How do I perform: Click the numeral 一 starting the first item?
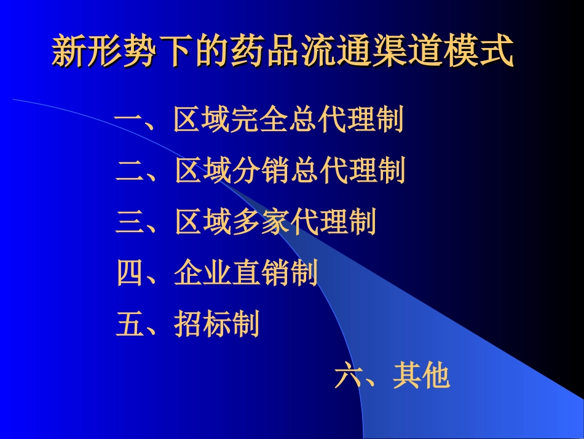[129, 120]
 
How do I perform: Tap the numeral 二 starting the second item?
[129, 171]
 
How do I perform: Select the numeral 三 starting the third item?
[129, 222]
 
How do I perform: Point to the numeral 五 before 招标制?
[129, 324]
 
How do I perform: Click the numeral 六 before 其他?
[348, 376]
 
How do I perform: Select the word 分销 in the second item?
[261, 171]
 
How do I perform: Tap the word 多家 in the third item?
[261, 222]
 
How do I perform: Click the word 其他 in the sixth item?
[421, 376]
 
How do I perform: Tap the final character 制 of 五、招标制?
[245, 324]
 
